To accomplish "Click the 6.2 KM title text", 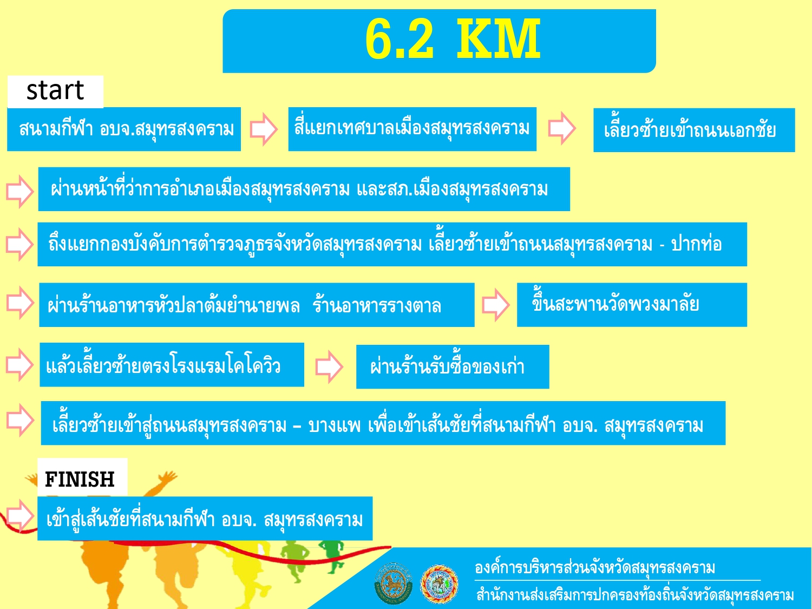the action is (x=453, y=39).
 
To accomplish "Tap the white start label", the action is (x=56, y=91).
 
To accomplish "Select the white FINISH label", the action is (x=82, y=478).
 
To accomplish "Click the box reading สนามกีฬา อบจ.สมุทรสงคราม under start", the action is (x=124, y=129).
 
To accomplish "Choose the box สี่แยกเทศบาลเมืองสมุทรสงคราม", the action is (x=412, y=129).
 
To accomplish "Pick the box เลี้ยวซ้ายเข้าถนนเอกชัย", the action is (x=694, y=130).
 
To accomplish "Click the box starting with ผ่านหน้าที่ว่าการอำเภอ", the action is (x=304, y=189).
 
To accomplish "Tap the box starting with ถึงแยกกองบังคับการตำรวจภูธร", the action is (x=392, y=245).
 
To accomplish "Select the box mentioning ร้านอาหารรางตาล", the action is (x=257, y=305).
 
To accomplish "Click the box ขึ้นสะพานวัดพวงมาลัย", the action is (x=632, y=305).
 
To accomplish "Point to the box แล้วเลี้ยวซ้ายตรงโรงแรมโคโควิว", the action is (x=172, y=365).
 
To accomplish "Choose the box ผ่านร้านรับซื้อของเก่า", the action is (x=453, y=367).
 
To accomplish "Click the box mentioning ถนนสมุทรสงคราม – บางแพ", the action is (x=383, y=423).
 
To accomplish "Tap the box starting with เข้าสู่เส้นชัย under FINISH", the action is (x=205, y=519).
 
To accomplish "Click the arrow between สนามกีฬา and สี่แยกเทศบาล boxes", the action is (x=264, y=129).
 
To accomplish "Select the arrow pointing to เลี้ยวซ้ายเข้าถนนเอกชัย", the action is (x=562, y=128).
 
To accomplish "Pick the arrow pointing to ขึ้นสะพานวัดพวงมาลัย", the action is (x=496, y=305).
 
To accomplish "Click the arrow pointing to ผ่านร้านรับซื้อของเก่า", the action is (x=329, y=367).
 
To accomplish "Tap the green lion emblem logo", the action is (x=393, y=583).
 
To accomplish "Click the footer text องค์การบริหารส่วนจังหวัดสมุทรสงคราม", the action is (x=595, y=568).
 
